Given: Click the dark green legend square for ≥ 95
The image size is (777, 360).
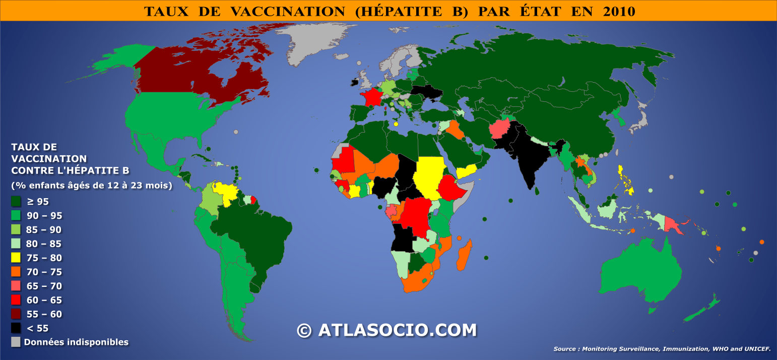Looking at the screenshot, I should coord(16,201).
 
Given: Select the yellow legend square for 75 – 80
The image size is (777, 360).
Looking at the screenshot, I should coord(16,258).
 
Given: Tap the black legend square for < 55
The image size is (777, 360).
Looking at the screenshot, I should coord(16,328).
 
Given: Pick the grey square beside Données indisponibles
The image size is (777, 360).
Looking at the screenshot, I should coord(16,342).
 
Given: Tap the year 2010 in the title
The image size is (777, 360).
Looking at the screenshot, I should coord(618,11).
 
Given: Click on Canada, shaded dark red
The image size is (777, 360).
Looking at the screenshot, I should coord(202,76).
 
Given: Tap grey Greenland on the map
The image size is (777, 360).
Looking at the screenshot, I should coord(312,43).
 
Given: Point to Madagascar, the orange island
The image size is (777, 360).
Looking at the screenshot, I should coord(465,255).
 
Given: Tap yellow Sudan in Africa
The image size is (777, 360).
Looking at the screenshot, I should coord(428,176).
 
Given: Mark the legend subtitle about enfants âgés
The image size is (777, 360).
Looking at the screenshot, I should coord(92,185).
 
